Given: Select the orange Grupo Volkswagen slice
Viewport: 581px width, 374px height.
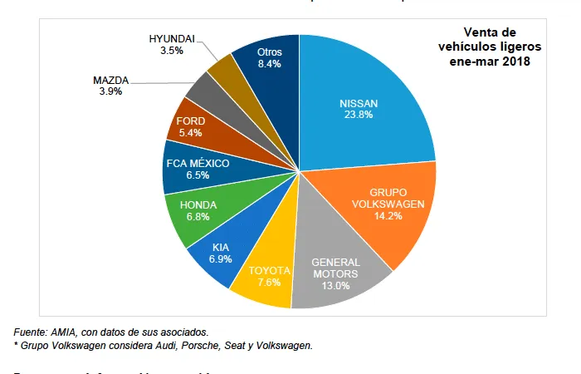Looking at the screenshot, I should [x=382, y=208].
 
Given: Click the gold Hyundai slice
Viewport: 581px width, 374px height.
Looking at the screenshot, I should [x=222, y=71].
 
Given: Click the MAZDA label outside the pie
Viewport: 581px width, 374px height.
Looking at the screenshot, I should [x=110, y=80].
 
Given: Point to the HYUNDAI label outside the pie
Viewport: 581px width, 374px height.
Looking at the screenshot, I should [x=173, y=39].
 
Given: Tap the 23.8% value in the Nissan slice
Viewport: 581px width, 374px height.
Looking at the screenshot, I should [x=359, y=115].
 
